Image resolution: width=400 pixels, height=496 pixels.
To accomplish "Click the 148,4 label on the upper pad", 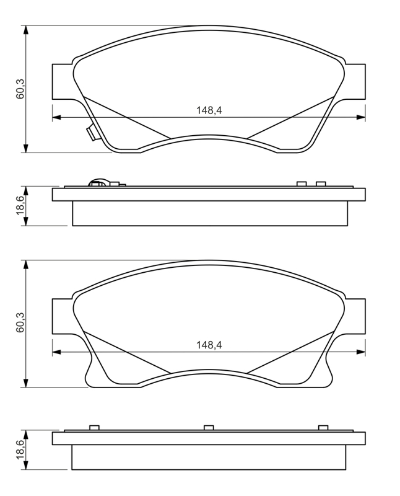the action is coord(209,110).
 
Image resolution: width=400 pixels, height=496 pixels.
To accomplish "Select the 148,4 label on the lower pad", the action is coord(209,345).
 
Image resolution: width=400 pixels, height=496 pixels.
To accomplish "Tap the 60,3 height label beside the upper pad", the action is coord(20,89).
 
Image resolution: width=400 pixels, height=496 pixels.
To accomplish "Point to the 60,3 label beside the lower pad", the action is coord(20,322).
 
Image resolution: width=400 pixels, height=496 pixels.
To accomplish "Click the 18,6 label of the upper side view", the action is coord(20,206).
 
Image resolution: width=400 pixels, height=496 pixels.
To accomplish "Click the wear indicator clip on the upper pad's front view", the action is coord(93,133).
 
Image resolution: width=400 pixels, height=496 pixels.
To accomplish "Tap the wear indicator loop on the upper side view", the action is coord(98,182).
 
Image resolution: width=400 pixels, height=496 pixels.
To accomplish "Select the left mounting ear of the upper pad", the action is coord(63,82).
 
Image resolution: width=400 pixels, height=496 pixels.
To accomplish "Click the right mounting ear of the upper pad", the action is coord(355,82).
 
